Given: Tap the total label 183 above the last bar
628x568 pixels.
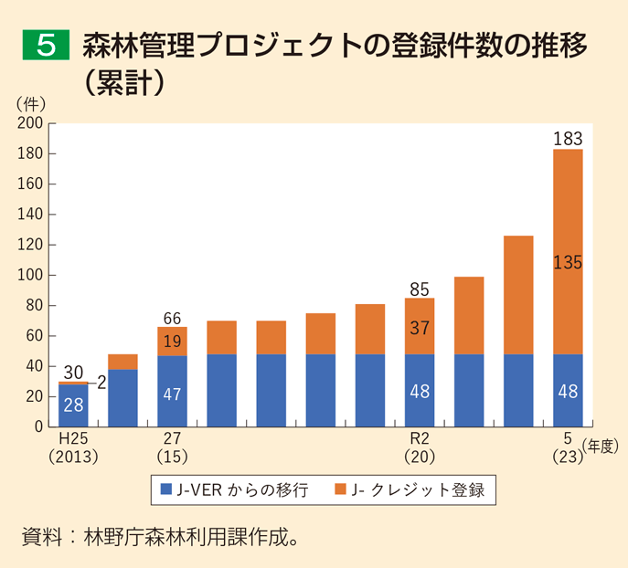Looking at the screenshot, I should pos(568,138).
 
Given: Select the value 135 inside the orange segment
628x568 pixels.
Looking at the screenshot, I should pos(568,263).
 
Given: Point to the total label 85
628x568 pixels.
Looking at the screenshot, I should pos(420,289).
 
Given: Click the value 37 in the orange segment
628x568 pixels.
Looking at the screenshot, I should pos(420,328).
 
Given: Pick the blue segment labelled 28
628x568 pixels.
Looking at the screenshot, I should pos(73,405).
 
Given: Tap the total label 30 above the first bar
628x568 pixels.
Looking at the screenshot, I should pos(73,373).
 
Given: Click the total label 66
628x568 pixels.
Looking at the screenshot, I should pos(172,318).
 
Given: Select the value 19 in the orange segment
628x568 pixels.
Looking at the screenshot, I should pos(172,341).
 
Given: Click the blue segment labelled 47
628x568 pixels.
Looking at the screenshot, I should pos(172,393).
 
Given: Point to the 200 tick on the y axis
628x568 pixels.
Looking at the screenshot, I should pos(31,123).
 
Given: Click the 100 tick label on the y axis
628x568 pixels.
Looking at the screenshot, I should pos(31,275).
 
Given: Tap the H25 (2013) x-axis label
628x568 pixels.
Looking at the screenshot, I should pos(72,445).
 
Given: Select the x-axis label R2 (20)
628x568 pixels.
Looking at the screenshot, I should pos(420,445).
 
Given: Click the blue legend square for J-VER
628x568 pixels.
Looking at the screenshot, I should pos(165,489).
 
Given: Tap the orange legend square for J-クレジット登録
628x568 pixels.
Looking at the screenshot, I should pos(341,489).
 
